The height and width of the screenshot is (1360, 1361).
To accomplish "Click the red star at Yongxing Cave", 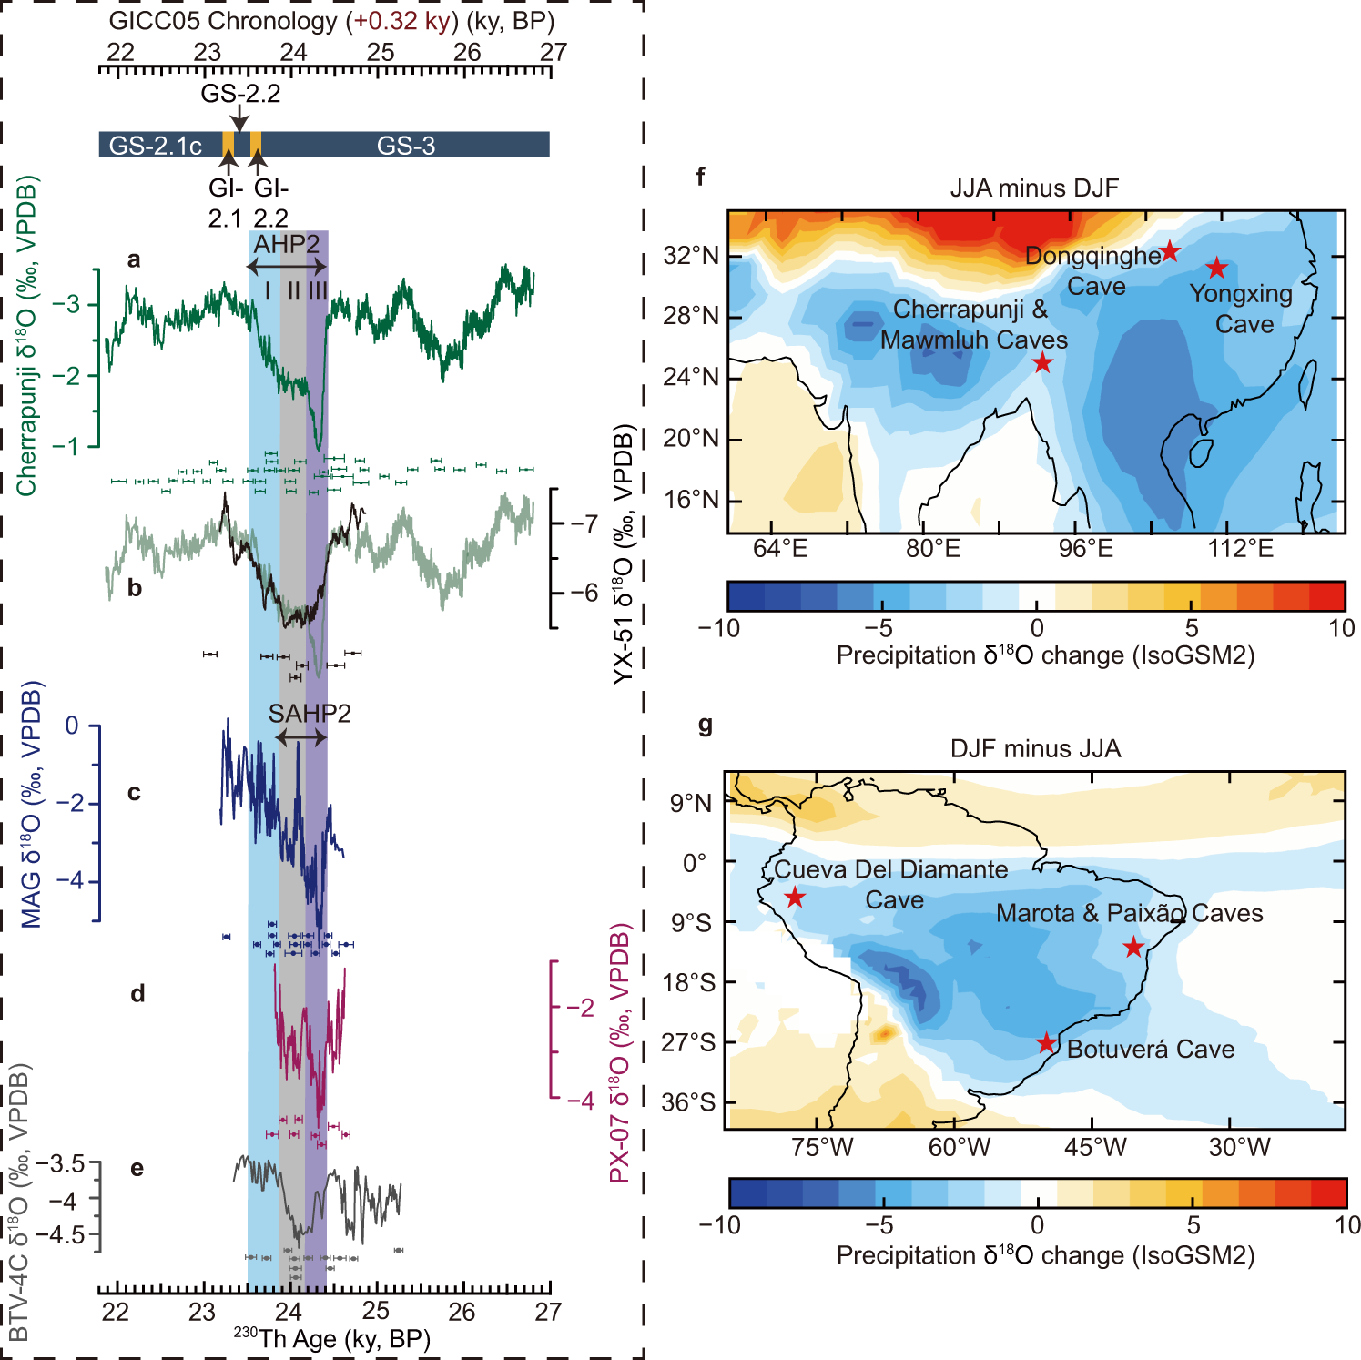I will [x=1217, y=268].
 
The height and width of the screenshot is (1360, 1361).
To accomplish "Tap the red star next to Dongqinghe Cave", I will [x=1170, y=251].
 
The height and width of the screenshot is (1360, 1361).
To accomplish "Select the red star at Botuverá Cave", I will [x=1047, y=1043].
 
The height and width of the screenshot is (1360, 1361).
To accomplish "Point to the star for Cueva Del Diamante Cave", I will [x=795, y=898].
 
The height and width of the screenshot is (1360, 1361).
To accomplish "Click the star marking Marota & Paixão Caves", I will [x=1133, y=947].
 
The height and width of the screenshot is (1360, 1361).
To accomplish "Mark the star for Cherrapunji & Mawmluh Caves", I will [x=1042, y=363].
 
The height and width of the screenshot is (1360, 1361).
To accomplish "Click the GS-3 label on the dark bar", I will [x=406, y=145].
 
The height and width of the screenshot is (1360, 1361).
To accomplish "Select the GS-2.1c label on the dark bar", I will [x=155, y=146].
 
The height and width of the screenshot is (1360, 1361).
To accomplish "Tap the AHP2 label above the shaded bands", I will [x=287, y=244].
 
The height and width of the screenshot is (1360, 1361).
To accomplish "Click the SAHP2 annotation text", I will [x=310, y=713].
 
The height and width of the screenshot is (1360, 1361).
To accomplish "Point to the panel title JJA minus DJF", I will [x=1034, y=188].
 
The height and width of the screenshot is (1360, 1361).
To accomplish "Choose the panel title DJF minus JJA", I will [x=1035, y=748].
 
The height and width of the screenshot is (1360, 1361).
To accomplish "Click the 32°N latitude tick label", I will [x=691, y=256].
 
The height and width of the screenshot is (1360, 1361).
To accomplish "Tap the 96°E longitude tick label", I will [x=1086, y=549].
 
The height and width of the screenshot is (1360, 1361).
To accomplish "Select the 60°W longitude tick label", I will [x=959, y=1147].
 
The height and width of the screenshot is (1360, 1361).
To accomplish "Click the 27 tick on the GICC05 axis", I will [x=553, y=52].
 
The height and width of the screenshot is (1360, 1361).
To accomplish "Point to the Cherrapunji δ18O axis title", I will [x=27, y=337].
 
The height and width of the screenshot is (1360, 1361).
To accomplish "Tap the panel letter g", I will [x=704, y=726].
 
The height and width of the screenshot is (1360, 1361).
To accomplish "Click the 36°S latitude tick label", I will [x=689, y=1102].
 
